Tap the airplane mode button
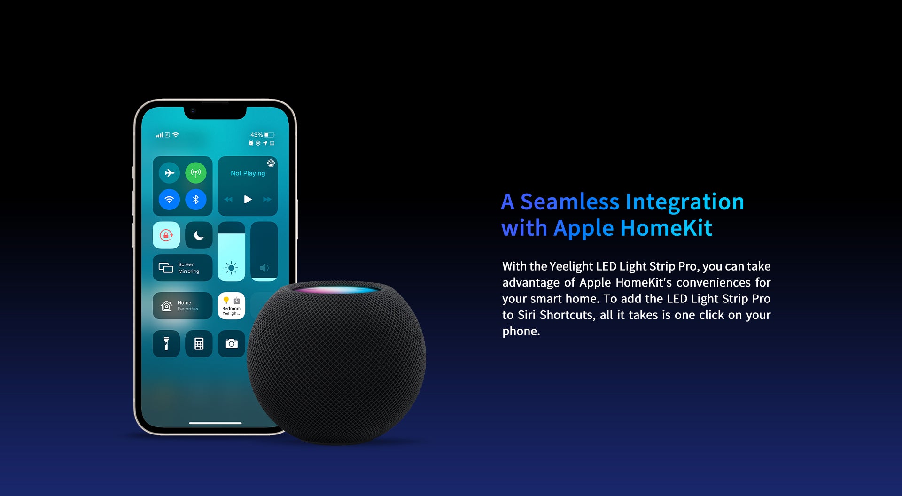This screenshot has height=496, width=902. (169, 173)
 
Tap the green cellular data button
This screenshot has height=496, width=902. (196, 173)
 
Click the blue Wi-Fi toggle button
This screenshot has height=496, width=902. (169, 200)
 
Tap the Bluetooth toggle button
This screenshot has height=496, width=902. (196, 200)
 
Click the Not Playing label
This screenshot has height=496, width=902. (248, 173)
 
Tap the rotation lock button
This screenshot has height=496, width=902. (166, 235)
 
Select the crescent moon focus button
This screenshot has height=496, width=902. (199, 235)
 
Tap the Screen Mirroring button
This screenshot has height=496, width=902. (183, 268)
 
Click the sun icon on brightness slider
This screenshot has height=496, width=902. (231, 268)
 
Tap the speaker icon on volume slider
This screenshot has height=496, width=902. (264, 268)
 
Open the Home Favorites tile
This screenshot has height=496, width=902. (183, 306)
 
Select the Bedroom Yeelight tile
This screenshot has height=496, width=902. (232, 306)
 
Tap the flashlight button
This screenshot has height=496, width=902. (166, 344)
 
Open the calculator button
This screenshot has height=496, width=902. (199, 344)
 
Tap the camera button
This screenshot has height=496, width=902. (232, 344)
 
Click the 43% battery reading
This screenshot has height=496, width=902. (257, 135)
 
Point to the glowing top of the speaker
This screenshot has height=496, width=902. (336, 289)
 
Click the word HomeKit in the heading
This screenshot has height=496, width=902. (666, 228)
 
